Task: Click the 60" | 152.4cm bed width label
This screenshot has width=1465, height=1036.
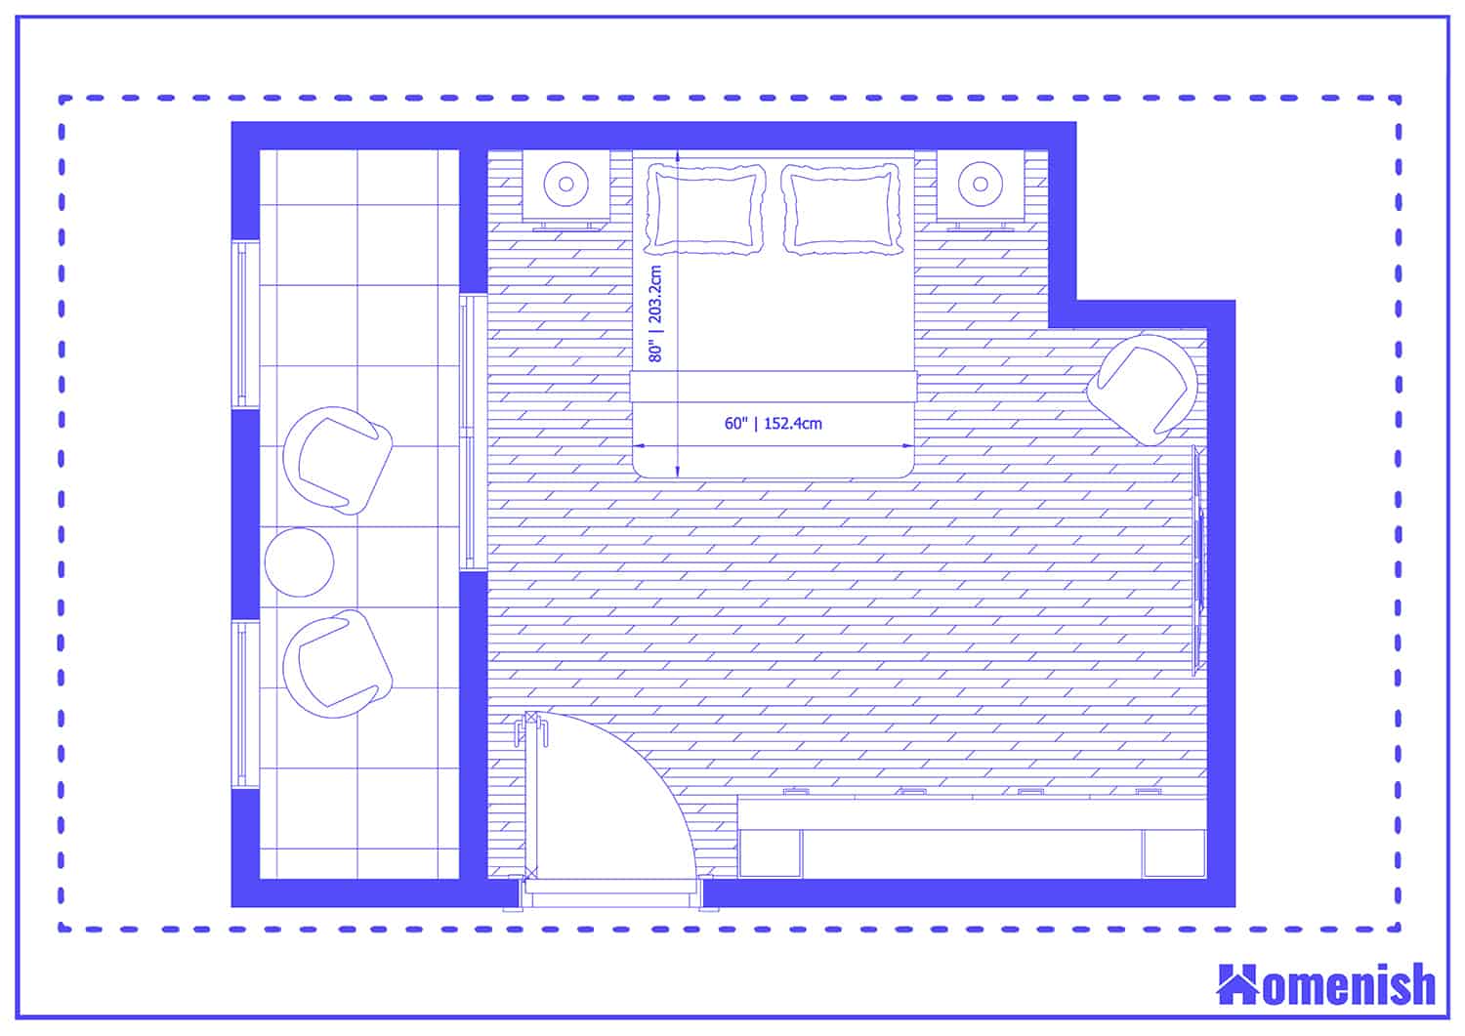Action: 773,424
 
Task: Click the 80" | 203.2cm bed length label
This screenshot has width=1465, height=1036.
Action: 654,313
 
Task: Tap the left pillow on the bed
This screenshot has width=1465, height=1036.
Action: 704,209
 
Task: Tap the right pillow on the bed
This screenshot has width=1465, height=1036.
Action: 842,209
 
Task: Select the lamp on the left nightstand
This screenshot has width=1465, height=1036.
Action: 566,185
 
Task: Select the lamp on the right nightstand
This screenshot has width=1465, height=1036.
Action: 980,185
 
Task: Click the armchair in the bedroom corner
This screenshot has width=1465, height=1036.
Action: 1143,390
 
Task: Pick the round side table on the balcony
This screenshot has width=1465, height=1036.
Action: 300,561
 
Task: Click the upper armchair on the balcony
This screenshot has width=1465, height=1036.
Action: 338,461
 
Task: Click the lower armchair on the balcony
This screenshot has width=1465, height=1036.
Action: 338,664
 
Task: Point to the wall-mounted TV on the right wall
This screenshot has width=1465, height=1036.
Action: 1197,560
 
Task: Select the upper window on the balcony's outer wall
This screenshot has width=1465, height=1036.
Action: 244,324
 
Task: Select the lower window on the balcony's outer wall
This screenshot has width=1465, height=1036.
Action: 244,704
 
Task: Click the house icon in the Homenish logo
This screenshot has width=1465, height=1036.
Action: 1237,986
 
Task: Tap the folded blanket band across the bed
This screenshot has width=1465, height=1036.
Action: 774,387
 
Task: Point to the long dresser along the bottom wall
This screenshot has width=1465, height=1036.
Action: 972,837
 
